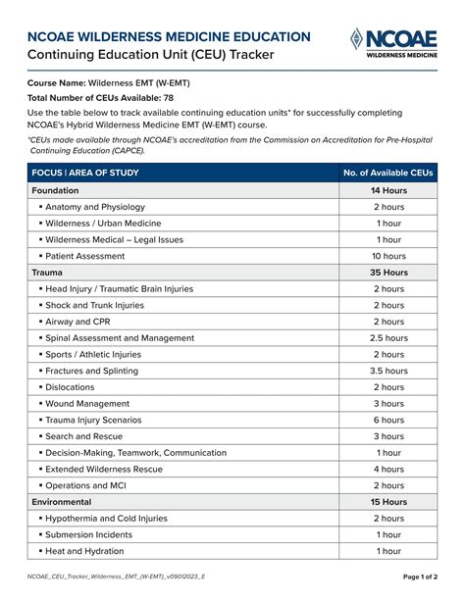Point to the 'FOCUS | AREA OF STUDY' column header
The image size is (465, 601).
click(x=85, y=174)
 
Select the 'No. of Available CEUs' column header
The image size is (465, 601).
click(x=388, y=174)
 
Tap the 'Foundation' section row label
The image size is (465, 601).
click(x=56, y=190)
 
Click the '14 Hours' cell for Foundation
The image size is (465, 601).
click(x=388, y=190)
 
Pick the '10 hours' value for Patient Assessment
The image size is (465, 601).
click(x=388, y=256)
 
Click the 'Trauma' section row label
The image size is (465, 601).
click(x=47, y=273)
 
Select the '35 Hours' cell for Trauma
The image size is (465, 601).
click(x=388, y=273)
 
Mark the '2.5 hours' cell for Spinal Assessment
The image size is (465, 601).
click(x=388, y=338)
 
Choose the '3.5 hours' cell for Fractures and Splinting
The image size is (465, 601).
click(x=388, y=371)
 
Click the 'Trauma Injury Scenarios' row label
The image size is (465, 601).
click(x=95, y=420)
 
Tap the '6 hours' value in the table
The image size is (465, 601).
click(x=388, y=420)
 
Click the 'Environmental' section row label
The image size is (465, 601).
click(x=62, y=502)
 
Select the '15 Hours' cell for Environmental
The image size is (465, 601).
click(x=388, y=502)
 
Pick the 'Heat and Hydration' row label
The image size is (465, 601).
click(x=86, y=551)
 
